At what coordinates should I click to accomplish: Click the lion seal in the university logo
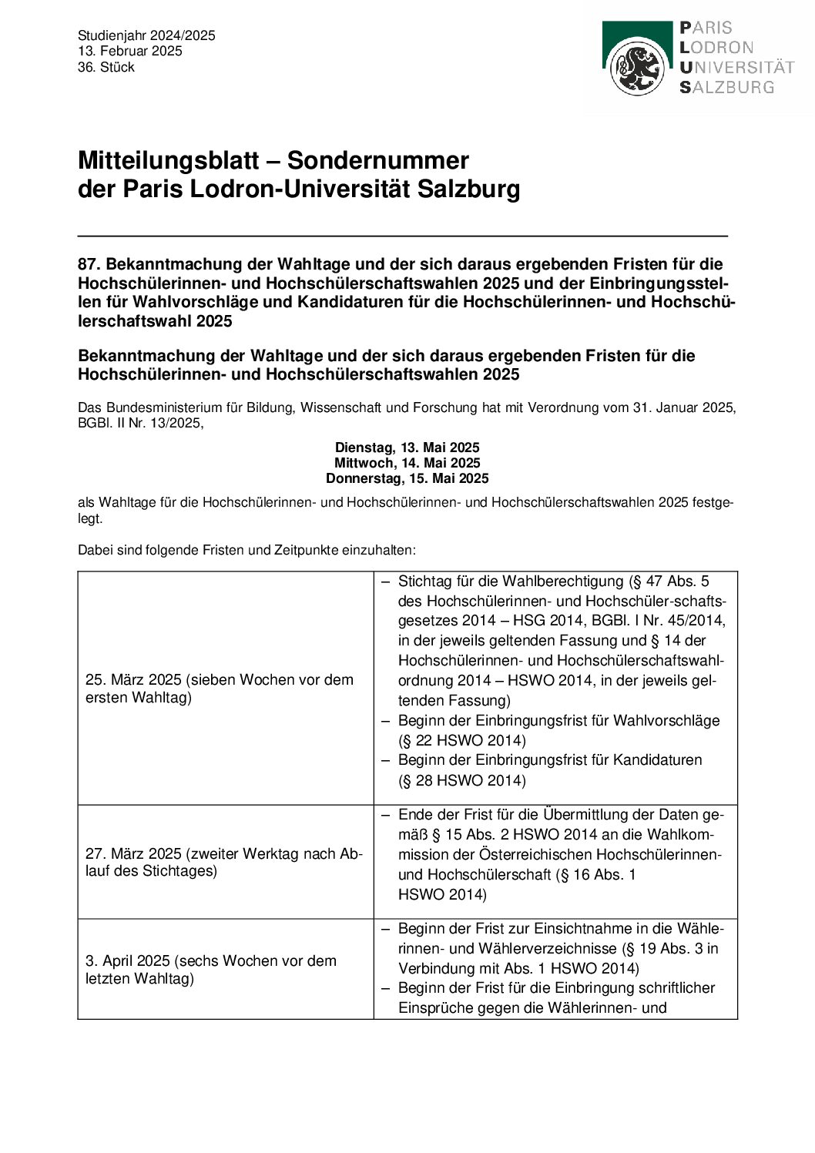click(x=637, y=68)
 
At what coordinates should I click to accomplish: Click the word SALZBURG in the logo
click(x=726, y=87)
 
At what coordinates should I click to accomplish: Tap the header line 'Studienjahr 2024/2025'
click(x=146, y=35)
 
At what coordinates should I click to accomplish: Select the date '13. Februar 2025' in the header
click(x=130, y=51)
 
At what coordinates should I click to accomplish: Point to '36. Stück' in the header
click(x=106, y=67)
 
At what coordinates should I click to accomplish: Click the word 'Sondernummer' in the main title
click(x=378, y=160)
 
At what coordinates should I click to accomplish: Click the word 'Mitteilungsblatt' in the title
click(x=169, y=160)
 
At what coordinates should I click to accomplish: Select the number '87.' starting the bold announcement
click(x=89, y=264)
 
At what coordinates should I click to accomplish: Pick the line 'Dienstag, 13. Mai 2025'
click(x=407, y=447)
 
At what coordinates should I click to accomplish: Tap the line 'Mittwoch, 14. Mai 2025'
click(x=407, y=463)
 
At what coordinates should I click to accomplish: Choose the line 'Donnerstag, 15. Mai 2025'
click(x=407, y=478)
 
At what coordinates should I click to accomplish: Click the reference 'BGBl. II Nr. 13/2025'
click(x=140, y=423)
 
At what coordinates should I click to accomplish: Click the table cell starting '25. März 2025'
click(x=225, y=689)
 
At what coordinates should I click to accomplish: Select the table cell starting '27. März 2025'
click(x=225, y=862)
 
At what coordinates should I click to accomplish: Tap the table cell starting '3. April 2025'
click(x=225, y=970)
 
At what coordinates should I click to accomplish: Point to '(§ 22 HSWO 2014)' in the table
click(x=462, y=741)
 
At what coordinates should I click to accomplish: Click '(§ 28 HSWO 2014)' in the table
click(x=462, y=781)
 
